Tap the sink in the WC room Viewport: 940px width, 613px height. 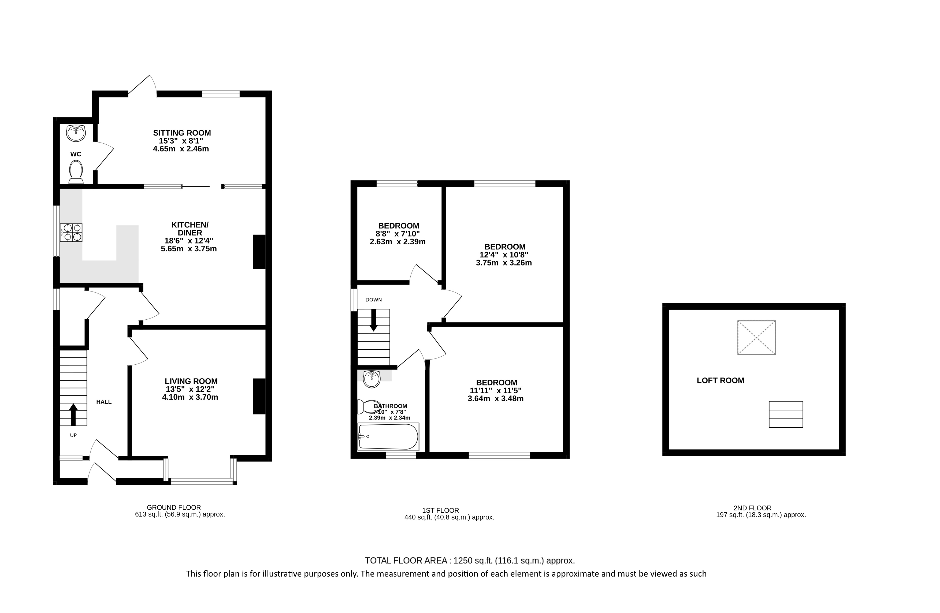click(76, 133)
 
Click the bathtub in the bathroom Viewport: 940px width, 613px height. click(388, 436)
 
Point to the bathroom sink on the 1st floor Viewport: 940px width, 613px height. click(371, 379)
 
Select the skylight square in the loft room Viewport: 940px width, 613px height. click(756, 338)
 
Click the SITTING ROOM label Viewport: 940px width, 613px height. click(182, 133)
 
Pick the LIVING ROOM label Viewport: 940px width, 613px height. click(191, 381)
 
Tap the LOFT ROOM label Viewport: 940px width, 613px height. click(720, 380)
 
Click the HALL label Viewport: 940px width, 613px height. click(104, 402)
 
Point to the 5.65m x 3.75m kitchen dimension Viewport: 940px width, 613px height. click(189, 249)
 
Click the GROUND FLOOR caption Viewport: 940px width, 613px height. click(174, 508)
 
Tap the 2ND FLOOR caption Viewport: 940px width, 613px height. click(752, 508)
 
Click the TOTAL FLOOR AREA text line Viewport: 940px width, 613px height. click(470, 560)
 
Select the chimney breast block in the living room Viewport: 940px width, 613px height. click(259, 396)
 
